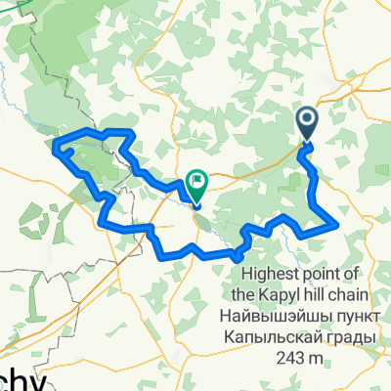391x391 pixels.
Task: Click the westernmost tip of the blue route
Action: [55, 149]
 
